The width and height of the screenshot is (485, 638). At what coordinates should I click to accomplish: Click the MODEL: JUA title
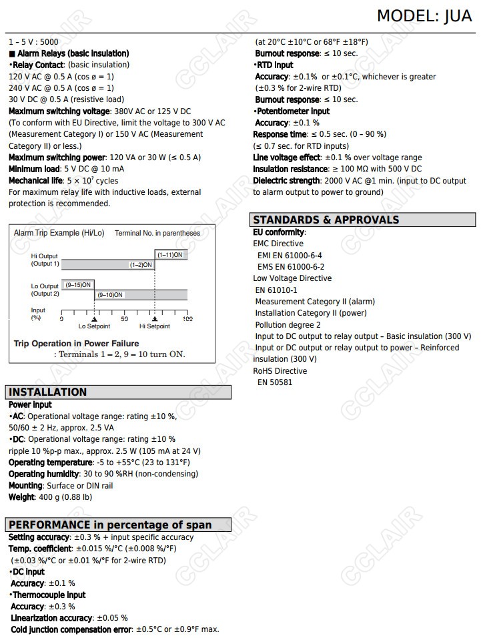424,15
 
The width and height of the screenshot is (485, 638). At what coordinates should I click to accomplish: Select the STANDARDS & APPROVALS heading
326,220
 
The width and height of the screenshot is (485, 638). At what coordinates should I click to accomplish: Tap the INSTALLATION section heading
48,392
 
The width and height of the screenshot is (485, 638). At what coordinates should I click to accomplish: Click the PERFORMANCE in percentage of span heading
110,525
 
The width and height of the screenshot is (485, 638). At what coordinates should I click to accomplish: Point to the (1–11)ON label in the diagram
171,255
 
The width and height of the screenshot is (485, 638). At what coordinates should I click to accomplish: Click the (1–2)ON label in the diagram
141,265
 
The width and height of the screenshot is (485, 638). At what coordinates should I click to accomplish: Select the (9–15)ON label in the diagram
78,285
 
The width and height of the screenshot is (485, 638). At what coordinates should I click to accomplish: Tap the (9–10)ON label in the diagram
110,294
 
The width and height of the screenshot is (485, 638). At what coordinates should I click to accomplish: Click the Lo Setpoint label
94,326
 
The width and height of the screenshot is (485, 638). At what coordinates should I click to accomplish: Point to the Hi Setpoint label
155,326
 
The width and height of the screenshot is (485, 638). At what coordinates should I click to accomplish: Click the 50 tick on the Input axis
124,319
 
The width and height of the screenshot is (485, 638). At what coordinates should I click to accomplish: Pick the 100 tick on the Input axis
187,319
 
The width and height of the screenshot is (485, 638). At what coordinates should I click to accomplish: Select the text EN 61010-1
276,290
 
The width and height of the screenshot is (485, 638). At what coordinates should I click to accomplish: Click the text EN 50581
275,382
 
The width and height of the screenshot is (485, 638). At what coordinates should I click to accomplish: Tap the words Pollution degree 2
288,325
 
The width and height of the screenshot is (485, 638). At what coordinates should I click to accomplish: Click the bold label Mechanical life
35,181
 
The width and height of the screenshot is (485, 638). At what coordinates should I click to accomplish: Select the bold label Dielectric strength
286,181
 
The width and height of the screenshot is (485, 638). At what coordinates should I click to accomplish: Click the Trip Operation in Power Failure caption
67,344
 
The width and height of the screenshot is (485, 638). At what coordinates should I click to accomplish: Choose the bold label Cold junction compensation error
71,629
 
